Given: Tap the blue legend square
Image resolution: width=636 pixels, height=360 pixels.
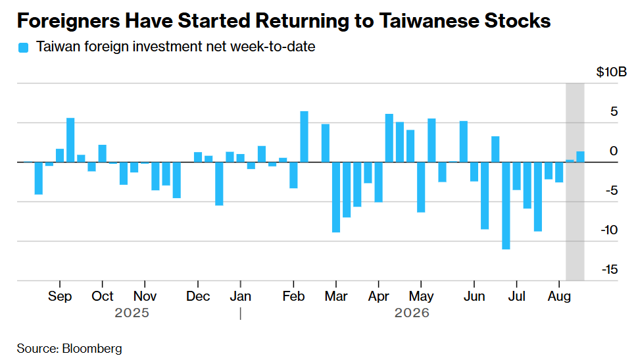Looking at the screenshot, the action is coord(24,47).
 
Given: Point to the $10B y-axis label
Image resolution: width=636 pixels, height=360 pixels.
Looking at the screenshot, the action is coord(611,72).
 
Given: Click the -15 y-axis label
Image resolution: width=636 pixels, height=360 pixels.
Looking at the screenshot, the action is coord(610,269).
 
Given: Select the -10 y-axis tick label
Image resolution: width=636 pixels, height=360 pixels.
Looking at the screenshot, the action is coord(610,230).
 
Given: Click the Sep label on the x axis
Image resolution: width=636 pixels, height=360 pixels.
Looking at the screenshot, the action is coord(60,296).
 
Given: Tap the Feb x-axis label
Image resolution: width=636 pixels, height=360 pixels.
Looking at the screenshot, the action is coord(293,296).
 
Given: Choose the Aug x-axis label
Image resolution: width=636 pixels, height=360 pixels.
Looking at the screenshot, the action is coord(559,297).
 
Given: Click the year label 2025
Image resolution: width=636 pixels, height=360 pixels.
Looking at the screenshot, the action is coord(132,313).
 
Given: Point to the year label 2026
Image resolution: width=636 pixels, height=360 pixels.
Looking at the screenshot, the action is coord(412,313).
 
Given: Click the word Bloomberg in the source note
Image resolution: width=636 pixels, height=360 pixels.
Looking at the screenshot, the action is coord(92,349).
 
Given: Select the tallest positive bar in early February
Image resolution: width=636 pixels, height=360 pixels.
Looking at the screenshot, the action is coord(305,137).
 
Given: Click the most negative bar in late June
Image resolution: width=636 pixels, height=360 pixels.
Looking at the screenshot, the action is coord(506,206).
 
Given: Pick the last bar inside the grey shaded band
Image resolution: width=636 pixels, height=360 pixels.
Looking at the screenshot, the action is coord(581,157).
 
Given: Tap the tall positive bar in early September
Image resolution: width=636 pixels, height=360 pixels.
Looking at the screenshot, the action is coord(70,140).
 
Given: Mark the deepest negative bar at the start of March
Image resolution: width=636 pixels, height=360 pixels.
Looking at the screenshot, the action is coord(336,197).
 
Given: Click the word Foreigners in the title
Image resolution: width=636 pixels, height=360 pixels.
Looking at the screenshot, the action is coord(68,20).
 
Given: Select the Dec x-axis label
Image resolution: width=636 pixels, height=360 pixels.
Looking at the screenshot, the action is coord(198,296).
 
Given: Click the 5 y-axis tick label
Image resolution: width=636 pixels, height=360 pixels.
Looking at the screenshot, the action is coord(614,111).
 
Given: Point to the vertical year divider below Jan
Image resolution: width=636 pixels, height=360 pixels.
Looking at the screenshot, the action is coord(241,313).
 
